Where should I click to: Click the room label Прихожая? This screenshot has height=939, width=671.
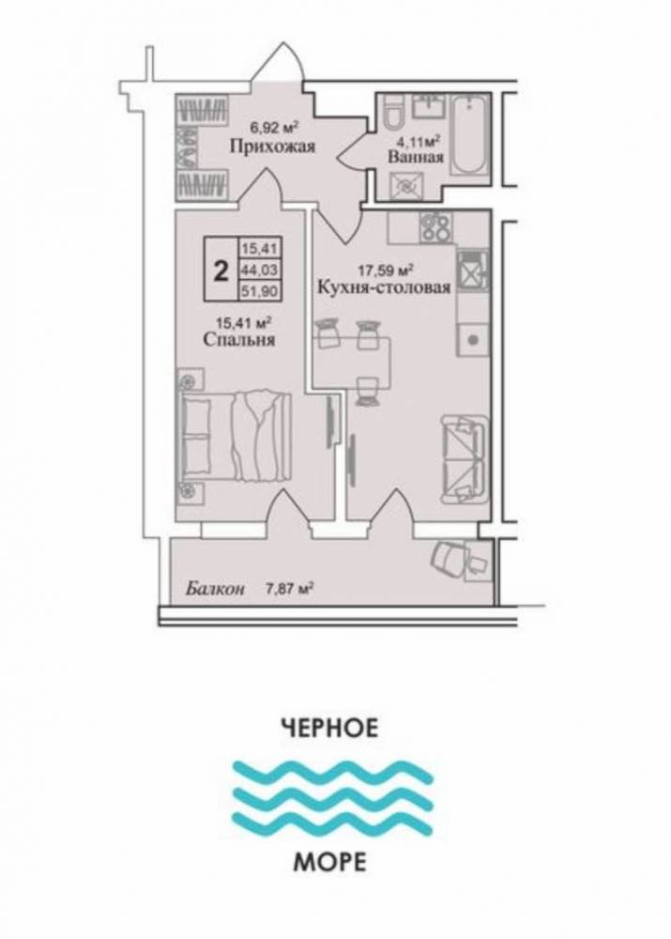273,146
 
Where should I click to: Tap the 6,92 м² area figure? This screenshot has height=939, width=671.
273,127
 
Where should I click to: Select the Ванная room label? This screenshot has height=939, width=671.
416,157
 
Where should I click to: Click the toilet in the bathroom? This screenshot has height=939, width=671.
393,114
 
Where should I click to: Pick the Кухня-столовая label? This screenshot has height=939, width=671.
384,287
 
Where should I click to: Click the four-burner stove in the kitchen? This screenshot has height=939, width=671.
436,227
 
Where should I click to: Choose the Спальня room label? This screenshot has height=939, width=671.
238,340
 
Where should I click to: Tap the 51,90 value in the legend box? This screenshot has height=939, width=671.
260,290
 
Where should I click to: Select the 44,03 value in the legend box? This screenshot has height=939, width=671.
260,270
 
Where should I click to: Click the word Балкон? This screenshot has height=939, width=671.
214,589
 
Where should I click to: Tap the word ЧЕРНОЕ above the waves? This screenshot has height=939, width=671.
329,728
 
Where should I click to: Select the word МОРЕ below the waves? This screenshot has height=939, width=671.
329,862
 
